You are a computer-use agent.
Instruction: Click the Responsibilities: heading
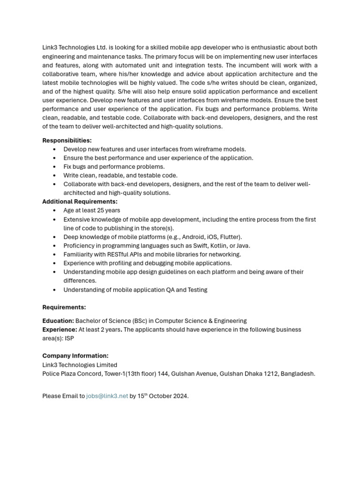tap(67, 140)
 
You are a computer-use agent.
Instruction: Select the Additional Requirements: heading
tap(80, 202)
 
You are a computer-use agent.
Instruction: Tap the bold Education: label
tap(58, 321)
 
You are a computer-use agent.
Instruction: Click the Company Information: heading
tap(75, 356)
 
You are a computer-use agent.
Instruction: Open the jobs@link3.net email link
tap(107, 396)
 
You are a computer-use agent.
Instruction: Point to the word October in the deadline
tap(161, 396)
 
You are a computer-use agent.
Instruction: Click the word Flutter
tap(230, 237)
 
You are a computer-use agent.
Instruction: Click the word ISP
tap(69, 338)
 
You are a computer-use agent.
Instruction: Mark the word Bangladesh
tap(298, 374)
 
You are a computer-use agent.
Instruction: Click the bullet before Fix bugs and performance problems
tap(55, 167)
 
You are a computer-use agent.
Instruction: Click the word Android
tap(194, 237)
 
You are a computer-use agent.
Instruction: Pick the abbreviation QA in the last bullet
tap(172, 290)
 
